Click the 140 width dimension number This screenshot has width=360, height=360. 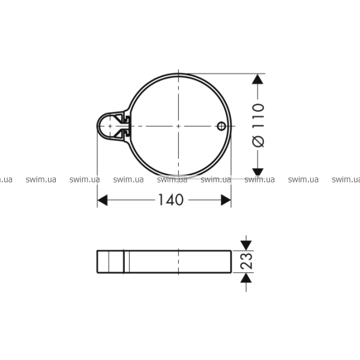coord(171,200)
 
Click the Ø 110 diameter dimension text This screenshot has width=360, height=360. coord(258,125)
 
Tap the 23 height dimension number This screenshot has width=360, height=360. coord(247,261)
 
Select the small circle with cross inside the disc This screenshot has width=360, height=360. coord(221,126)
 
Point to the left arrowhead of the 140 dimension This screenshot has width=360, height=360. coord(103,200)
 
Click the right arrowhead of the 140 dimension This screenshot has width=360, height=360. coord(226,200)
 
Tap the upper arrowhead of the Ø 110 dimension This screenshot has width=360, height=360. coord(257,79)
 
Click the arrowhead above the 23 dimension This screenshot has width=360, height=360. coord(246,245)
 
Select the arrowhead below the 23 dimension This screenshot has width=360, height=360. coord(246,278)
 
